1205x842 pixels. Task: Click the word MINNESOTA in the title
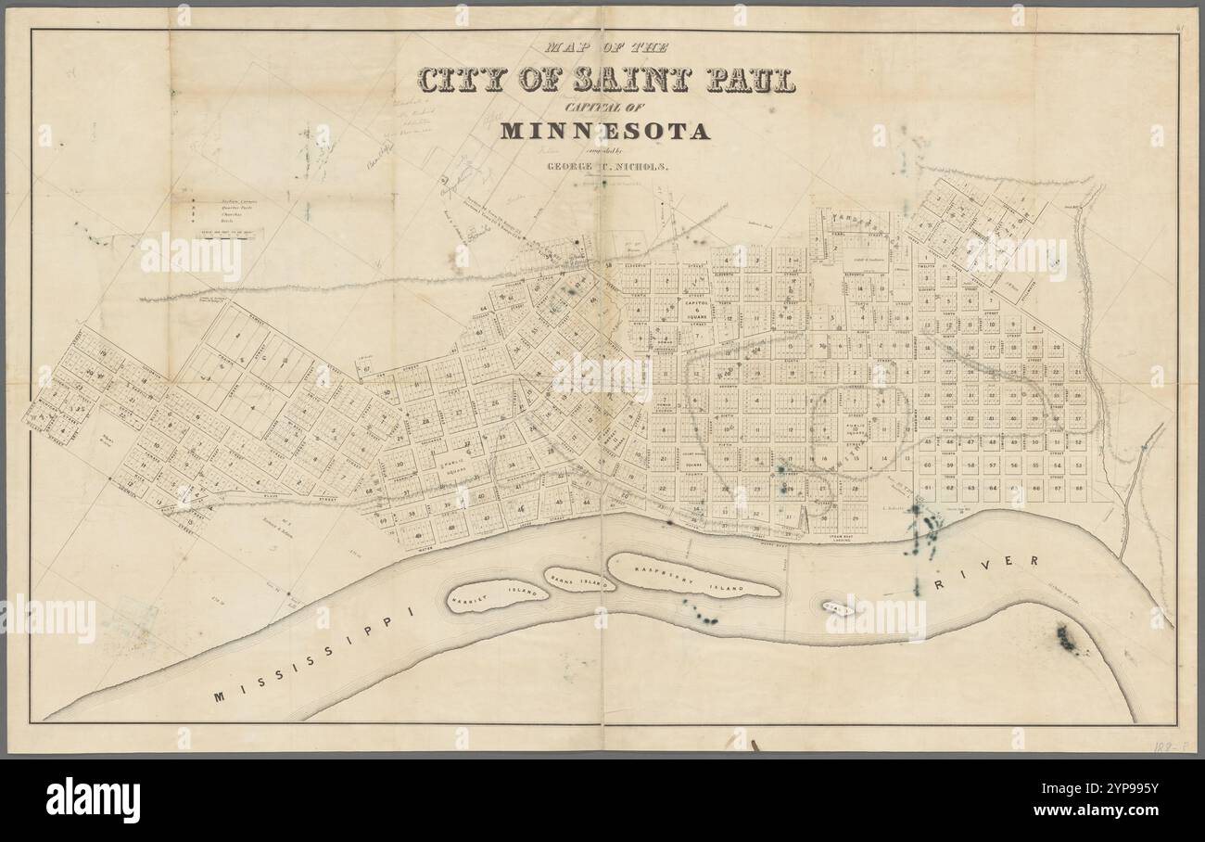604,131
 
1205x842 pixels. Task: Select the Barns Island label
579,580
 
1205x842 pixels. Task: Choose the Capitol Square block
696,309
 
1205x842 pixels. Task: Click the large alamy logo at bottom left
93,799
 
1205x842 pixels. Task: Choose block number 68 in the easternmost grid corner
1079,487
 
